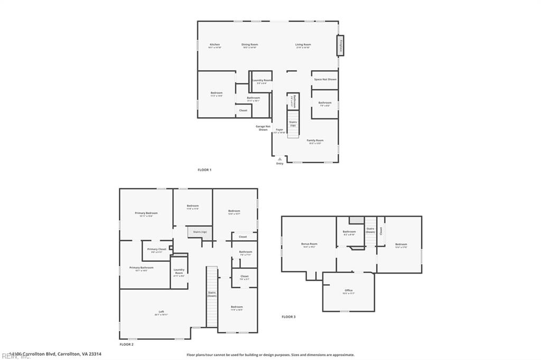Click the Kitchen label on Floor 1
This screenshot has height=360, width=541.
pos(214,45)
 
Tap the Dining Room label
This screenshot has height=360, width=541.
pos(250,45)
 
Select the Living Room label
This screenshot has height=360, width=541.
pos(303,45)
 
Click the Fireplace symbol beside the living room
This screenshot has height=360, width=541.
pos(341,45)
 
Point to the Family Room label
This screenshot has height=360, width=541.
pos(315,141)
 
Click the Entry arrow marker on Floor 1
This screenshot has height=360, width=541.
pos(279,158)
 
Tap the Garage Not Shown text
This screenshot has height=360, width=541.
pos(263,128)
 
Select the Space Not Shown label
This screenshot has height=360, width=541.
pos(325,79)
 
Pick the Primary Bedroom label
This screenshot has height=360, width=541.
pos(146,214)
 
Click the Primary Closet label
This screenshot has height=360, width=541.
pos(156,250)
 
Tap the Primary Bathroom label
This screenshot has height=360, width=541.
pos(142,268)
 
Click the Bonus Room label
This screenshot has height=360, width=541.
pos(309,244)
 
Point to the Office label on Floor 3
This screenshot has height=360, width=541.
pos(348,291)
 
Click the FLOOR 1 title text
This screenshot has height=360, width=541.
pos(204,170)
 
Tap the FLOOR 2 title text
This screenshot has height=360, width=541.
pos(126,344)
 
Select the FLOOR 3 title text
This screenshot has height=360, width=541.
pos(288,317)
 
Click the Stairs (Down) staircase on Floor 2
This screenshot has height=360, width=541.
pos(211,296)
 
